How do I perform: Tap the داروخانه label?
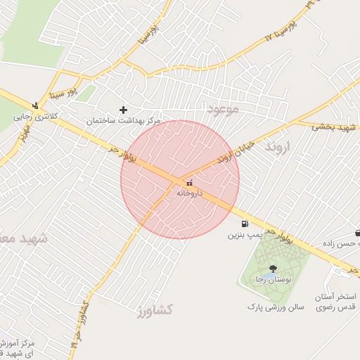(189, 192)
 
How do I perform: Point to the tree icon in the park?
(273, 268)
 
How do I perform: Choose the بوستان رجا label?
(275, 279)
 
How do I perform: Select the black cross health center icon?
(124, 110)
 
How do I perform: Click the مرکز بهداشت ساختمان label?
(124, 120)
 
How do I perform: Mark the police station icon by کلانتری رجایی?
(35, 105)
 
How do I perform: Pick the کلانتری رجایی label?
(33, 116)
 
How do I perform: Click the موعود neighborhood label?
(224, 109)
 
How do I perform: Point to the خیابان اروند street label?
(215, 162)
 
